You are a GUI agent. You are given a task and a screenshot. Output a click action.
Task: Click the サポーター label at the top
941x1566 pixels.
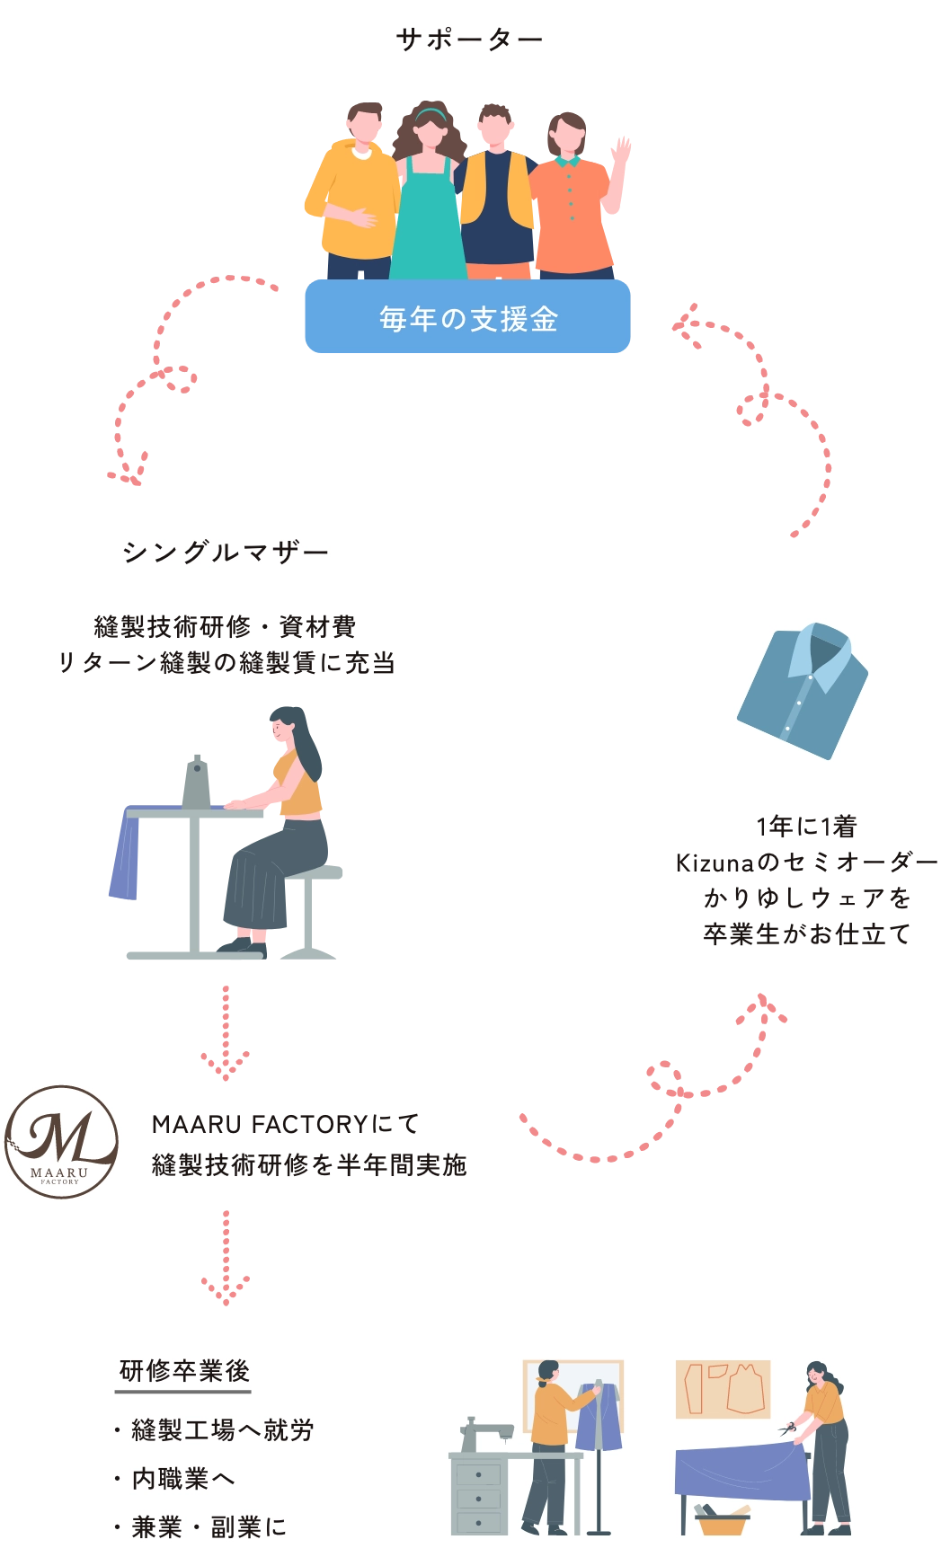click(467, 40)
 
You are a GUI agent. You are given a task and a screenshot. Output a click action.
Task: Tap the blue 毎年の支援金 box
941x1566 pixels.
click(467, 319)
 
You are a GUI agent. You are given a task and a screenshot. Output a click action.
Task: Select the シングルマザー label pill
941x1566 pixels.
click(223, 551)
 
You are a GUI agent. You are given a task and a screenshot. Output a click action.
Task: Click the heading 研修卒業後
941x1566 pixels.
click(184, 1371)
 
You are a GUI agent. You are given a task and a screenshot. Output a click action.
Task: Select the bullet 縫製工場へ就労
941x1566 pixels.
click(222, 1429)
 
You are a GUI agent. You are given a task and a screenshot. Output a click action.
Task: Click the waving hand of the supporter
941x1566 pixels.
click(621, 149)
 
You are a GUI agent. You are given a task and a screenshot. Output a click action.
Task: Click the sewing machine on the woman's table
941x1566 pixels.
click(197, 781)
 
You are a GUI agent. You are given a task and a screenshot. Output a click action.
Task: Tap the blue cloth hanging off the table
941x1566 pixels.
click(126, 859)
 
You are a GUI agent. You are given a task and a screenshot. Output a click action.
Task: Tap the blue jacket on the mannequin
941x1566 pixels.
click(598, 1418)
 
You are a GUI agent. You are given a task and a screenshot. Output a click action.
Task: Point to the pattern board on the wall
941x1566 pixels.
click(723, 1388)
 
